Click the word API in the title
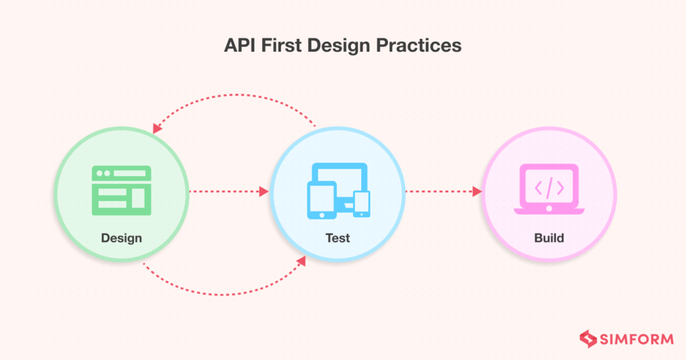tap(238, 46)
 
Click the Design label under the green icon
tap(121, 238)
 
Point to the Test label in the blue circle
tap(338, 238)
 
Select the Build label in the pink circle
tap(549, 238)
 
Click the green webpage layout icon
tap(121, 190)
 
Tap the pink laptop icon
tap(549, 190)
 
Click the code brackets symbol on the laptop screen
tap(549, 187)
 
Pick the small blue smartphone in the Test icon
tap(362, 203)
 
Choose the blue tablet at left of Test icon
tap(320, 200)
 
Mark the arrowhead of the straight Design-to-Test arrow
tap(264, 192)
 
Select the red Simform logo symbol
tap(588, 339)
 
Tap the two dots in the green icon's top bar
tap(102, 173)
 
